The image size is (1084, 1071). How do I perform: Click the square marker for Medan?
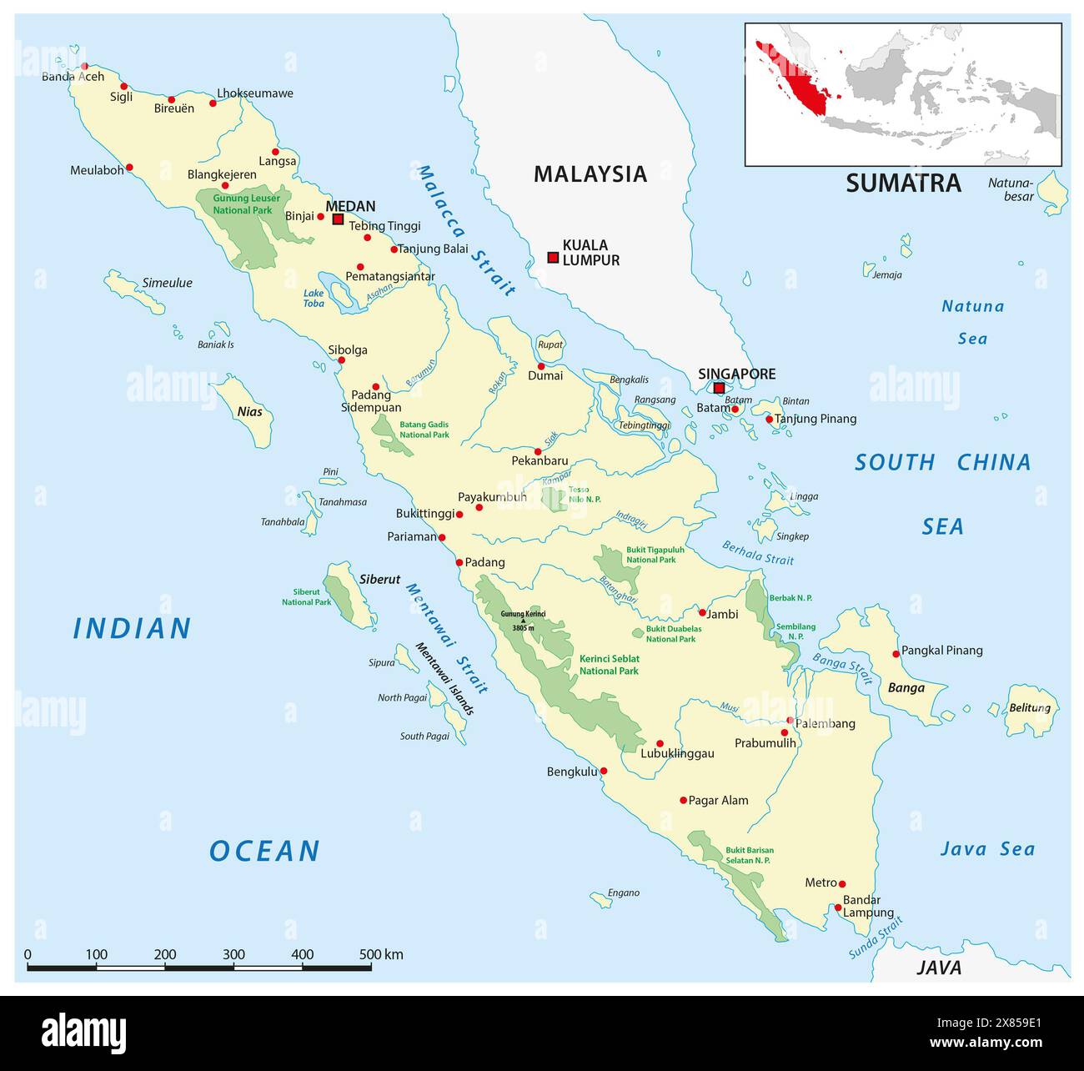[338, 219]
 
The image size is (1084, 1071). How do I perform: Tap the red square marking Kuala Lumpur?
[552, 258]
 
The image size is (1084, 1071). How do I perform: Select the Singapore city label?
[736, 374]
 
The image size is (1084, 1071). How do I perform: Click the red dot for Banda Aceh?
[84, 66]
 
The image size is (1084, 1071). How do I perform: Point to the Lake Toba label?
[314, 298]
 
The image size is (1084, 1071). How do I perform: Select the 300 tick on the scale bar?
[234, 955]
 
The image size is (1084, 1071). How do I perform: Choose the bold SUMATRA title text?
[903, 184]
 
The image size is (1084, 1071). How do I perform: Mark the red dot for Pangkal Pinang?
[896, 653]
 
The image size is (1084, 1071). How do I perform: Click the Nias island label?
[249, 411]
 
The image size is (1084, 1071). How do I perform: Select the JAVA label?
[939, 968]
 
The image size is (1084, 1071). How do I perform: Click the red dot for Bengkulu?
[604, 771]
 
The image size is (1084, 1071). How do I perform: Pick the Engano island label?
[624, 892]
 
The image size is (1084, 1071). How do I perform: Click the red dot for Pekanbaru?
[538, 451]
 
